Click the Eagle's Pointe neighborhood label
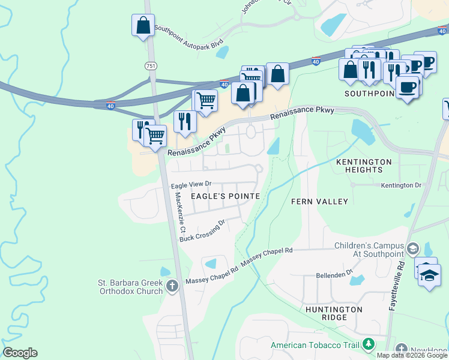coord(225,196)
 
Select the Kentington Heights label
coord(364,166)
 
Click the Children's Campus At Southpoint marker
coord(412,248)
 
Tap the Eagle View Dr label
coord(191,184)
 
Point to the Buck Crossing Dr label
coord(202,231)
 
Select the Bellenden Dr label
coord(334,274)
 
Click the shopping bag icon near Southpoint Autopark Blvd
coord(143,26)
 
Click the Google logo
coord(20,353)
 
